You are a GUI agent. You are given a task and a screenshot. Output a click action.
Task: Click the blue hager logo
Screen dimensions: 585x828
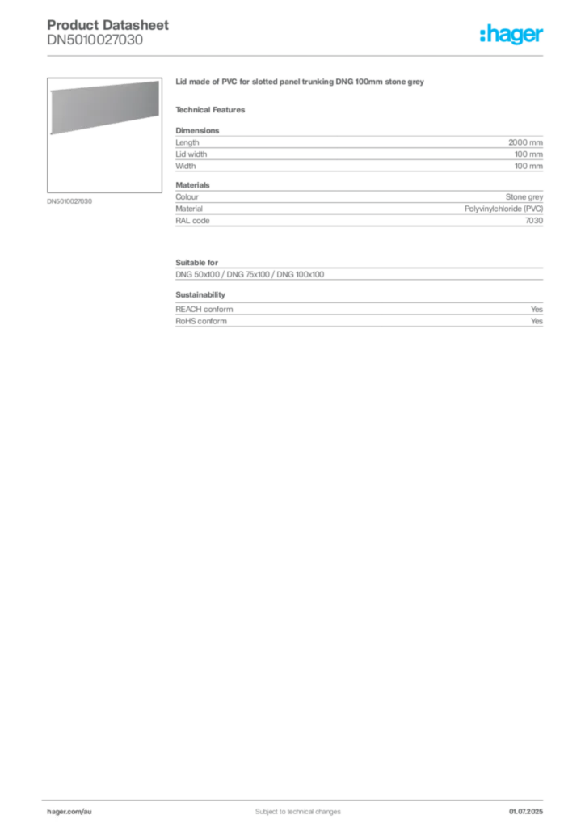point(512,36)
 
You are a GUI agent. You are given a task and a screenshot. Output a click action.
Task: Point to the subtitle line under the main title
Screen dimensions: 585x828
point(213,109)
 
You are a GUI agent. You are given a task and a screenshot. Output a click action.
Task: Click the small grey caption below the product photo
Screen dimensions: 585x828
point(71,201)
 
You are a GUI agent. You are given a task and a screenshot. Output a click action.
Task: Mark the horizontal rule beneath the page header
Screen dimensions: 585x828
point(297,55)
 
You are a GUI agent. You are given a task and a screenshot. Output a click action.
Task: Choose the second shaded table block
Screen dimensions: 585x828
point(358,209)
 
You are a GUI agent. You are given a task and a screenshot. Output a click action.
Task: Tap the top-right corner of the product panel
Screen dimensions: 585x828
point(158,80)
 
